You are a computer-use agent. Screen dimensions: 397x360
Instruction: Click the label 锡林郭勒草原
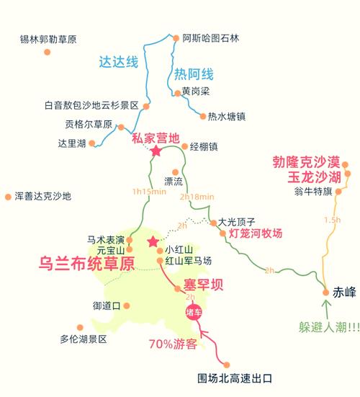click(x=48, y=39)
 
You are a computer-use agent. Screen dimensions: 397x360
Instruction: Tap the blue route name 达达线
click(x=118, y=62)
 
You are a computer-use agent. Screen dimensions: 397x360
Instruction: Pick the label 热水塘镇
click(x=227, y=115)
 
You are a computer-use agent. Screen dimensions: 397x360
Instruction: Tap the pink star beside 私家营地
click(x=156, y=151)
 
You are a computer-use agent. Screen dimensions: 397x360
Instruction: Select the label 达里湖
click(x=72, y=143)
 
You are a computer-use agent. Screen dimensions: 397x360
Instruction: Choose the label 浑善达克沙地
click(x=42, y=195)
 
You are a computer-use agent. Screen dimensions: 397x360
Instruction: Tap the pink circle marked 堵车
click(x=193, y=313)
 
